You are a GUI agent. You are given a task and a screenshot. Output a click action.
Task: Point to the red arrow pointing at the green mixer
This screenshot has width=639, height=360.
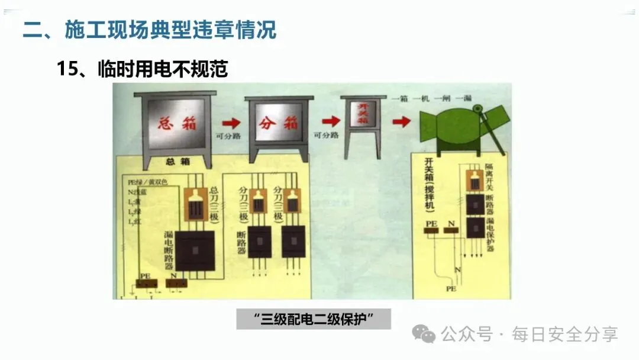point(401,121)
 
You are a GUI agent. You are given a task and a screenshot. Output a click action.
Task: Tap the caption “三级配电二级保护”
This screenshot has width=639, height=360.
point(314,319)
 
